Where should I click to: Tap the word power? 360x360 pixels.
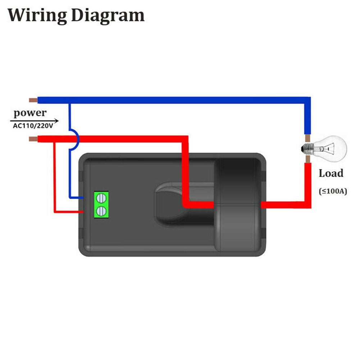(x=30, y=113)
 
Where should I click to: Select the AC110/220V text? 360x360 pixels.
(x=33, y=126)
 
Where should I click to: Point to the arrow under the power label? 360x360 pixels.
(x=34, y=121)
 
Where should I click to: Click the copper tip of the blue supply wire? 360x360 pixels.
(x=33, y=100)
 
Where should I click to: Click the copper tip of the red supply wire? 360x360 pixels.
(x=33, y=139)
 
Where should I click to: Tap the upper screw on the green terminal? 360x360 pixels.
(x=101, y=198)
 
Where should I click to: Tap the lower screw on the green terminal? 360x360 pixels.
(x=101, y=211)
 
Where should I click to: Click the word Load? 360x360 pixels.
(x=331, y=173)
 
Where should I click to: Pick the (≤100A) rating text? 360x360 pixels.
(x=333, y=191)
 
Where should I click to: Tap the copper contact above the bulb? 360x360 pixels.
(x=307, y=138)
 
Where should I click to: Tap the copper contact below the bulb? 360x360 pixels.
(x=307, y=159)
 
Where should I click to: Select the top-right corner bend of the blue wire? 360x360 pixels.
(x=307, y=100)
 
